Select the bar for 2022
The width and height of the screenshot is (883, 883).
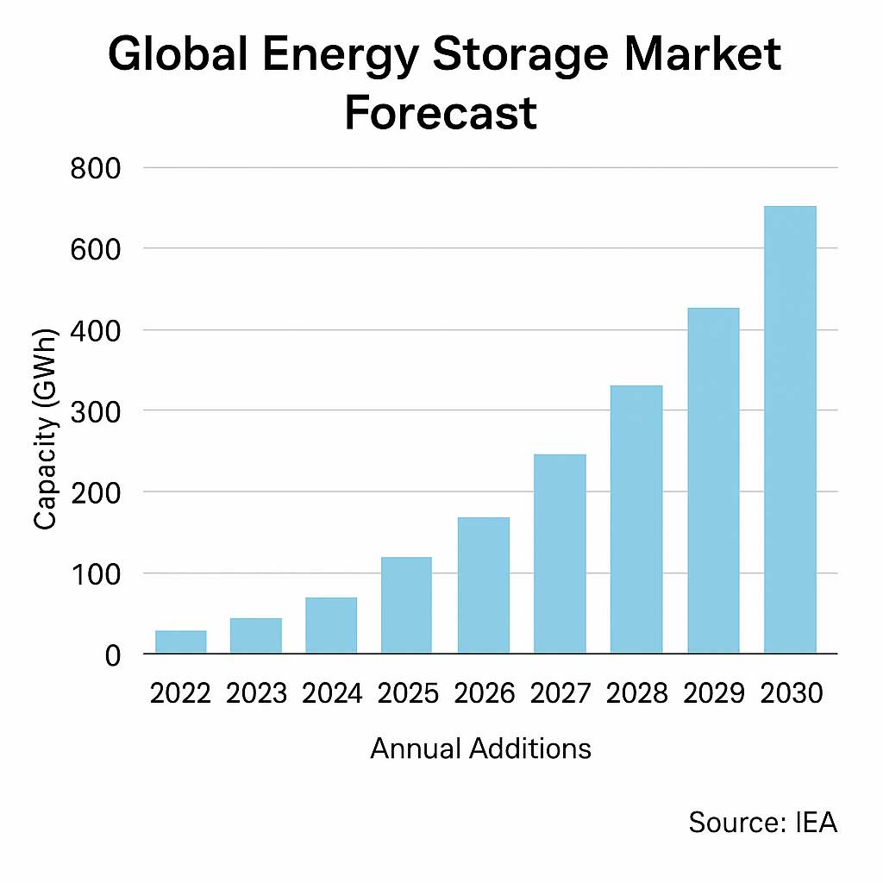181,642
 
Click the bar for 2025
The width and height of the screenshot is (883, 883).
405,605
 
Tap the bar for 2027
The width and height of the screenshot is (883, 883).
560,554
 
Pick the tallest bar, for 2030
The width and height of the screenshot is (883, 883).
790,429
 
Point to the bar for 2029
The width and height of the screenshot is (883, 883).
713,480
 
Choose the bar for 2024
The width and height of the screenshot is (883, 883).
330,625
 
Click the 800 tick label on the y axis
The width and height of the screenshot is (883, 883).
95,167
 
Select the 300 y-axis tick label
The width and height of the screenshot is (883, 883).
95,411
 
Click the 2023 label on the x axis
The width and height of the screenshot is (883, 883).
256,694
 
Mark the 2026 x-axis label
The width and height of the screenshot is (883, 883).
484,694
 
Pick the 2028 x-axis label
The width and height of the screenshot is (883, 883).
636,694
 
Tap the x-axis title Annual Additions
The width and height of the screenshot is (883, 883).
480,748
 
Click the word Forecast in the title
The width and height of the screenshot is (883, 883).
441,113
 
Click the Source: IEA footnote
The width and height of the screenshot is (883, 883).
762,823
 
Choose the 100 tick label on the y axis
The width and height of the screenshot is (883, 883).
95,573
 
